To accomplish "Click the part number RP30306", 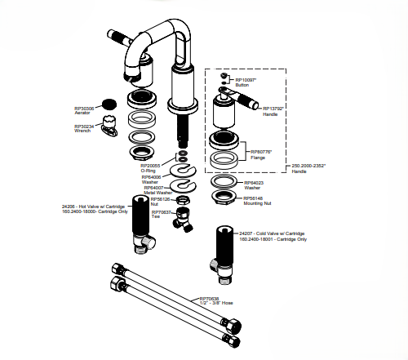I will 84,107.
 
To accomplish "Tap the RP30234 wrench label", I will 84,128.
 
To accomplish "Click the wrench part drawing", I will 113,128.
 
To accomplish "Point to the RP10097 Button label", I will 246,82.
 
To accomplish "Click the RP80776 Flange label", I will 261,154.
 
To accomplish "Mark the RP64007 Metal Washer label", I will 157,190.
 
